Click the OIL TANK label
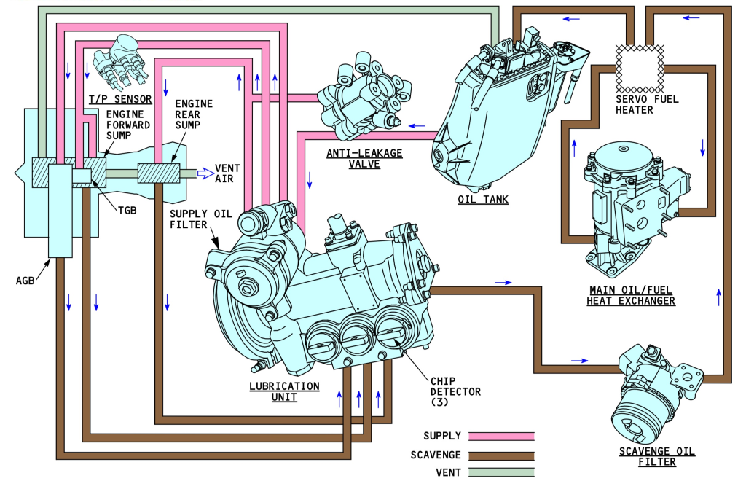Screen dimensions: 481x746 coord(484,200)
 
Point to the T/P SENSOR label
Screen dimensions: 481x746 coord(119,99)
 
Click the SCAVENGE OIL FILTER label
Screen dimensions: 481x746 coord(647,456)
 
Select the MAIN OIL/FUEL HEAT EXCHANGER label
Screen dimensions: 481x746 coord(631,295)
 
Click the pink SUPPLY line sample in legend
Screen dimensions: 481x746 coord(502,436)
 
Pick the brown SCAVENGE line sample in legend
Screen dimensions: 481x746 coord(502,454)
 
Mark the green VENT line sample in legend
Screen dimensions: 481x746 coord(502,472)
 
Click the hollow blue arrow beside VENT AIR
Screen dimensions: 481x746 coord(208,173)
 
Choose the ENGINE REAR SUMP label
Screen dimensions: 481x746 coord(195,114)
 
